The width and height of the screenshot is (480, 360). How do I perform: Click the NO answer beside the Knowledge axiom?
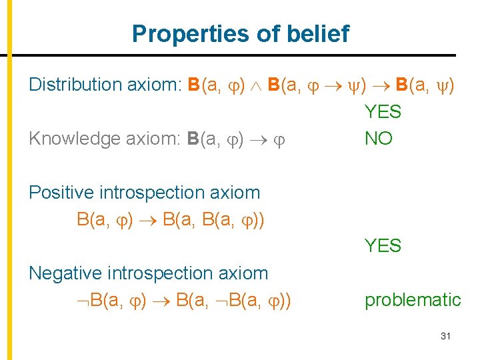coord(378,139)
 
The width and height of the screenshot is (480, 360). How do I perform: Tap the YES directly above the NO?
coord(383,112)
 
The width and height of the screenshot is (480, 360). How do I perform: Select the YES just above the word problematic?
coord(383,246)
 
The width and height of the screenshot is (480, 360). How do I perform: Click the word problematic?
coord(413,300)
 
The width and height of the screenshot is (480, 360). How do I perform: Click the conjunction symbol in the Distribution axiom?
coord(255,85)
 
